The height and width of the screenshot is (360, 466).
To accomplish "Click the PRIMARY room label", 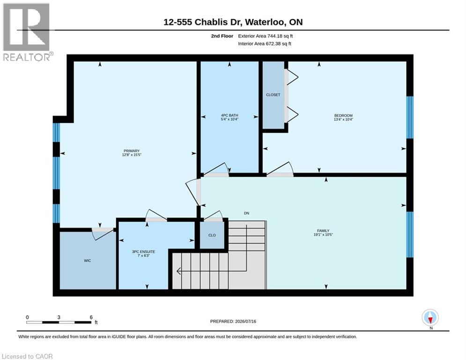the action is point(131,151).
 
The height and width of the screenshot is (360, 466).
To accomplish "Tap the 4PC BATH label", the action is point(229,115).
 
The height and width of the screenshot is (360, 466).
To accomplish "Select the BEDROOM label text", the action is point(343,115).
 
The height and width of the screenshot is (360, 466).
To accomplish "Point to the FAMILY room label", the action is point(323,231).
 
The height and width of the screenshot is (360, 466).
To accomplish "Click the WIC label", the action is point(88,261).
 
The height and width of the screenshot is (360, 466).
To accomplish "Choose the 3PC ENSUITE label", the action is point(143,252).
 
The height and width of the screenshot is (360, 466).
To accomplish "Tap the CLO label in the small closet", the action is point(212,235).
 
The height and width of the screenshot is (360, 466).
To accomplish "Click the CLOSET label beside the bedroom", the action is point(273,95).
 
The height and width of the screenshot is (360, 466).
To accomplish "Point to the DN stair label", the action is point(246,213).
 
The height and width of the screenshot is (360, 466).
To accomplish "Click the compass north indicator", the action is point(430,317).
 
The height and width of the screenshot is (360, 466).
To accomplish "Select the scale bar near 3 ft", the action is point(59,322).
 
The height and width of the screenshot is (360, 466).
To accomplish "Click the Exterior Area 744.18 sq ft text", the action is point(266,36).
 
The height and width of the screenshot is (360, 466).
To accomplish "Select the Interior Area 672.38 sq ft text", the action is point(265,44).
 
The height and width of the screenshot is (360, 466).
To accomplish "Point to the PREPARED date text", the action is point(233,321).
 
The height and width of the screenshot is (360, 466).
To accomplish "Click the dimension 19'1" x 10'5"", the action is point(323,234).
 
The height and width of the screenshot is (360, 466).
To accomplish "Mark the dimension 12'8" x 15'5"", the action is point(131,155).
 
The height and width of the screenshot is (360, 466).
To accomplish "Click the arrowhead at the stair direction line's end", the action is point(179,271).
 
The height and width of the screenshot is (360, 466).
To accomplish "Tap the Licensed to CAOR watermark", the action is point(27,356).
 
